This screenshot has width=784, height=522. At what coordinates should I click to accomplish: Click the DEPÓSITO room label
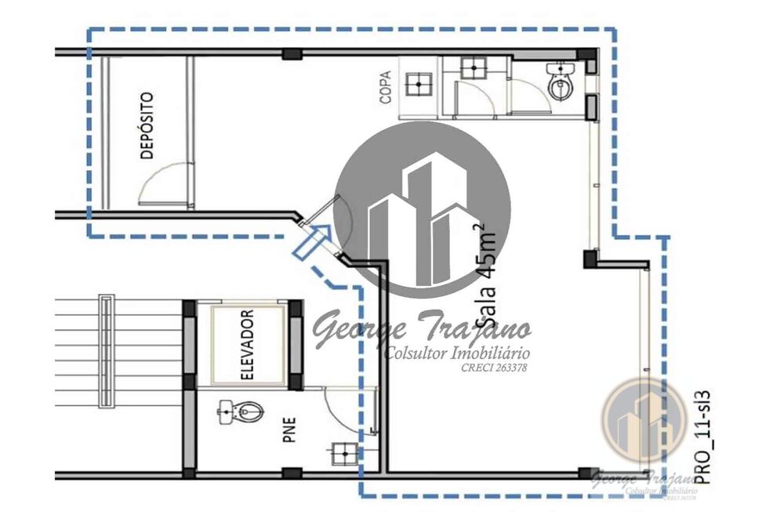(147, 126)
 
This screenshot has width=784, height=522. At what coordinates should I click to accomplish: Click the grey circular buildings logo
(424, 209)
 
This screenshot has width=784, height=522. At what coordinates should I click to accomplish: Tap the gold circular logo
(644, 420)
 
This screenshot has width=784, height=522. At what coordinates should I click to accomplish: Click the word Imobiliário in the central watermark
(487, 353)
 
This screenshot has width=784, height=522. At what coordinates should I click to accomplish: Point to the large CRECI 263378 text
(494, 367)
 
